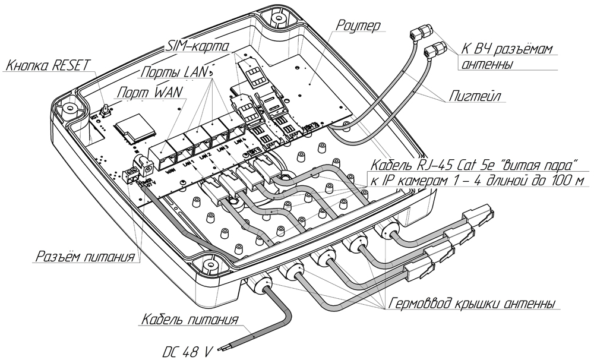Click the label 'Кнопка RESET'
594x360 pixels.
pyautogui.click(x=45, y=65)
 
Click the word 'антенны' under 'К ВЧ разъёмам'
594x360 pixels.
pyautogui.click(x=487, y=64)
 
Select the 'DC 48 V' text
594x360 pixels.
pyautogui.click(x=188, y=351)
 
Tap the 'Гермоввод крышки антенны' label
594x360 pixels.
pyautogui.click(x=472, y=304)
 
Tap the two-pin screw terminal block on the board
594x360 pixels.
pyautogui.click(x=129, y=175)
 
